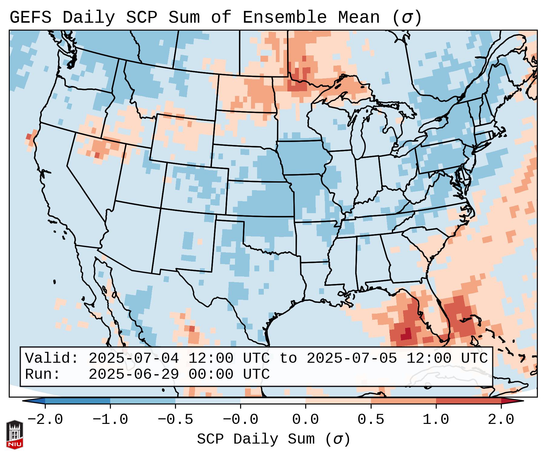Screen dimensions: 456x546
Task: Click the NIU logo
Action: tap(15, 434)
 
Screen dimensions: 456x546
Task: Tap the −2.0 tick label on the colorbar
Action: tap(45, 420)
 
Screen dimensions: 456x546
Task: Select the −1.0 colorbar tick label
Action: tap(110, 420)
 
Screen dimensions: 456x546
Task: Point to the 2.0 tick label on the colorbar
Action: tap(501, 420)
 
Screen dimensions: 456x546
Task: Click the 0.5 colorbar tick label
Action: tap(371, 420)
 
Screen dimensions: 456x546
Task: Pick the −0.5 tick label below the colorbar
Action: tap(175, 420)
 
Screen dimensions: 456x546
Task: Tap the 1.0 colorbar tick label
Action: tap(436, 420)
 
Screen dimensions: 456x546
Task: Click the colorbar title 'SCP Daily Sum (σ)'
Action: tap(273, 439)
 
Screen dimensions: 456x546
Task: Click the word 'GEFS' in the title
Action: tap(30, 18)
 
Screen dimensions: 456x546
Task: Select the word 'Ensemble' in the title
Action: tap(285, 18)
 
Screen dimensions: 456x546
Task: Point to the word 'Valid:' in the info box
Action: tap(52, 358)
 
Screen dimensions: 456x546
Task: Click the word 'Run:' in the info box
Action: tap(43, 374)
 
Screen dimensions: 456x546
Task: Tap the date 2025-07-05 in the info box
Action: tap(352, 358)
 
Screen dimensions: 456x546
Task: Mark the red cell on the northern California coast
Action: tap(28, 136)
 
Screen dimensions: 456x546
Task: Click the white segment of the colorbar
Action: tap(273, 401)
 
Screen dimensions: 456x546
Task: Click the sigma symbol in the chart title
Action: tap(407, 18)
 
